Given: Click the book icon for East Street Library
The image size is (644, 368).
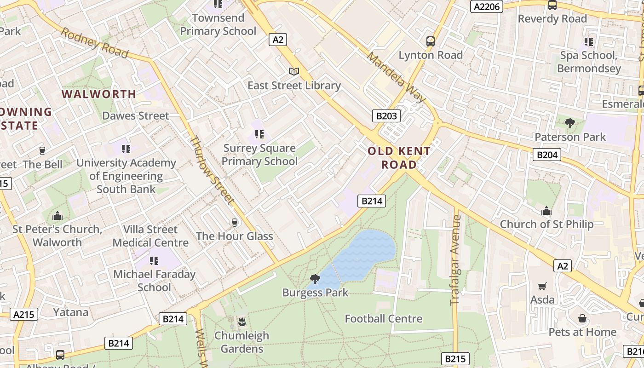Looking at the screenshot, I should [x=294, y=71].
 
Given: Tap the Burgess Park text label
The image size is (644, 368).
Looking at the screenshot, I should [x=315, y=293].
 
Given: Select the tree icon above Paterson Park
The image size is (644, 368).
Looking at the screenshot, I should [x=570, y=123].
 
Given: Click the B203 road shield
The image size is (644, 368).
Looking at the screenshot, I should [x=386, y=116].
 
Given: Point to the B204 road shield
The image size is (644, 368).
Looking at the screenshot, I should [x=547, y=155].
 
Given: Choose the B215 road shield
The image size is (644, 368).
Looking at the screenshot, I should [x=455, y=359].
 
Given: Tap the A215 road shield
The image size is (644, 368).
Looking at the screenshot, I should [x=24, y=315].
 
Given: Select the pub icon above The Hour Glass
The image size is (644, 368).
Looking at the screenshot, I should [x=235, y=223].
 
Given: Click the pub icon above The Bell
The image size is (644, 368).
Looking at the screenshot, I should [x=42, y=150].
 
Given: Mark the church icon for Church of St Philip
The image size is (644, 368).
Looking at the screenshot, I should [x=546, y=211].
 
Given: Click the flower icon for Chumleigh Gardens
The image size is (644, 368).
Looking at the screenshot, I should [x=241, y=322].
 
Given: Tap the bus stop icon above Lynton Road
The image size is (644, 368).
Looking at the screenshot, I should [x=431, y=41].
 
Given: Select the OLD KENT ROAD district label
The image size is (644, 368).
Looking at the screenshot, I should [x=399, y=157].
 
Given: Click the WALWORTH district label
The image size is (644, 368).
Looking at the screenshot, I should [x=99, y=94].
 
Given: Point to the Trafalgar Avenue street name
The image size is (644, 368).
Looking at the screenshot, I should [x=455, y=260].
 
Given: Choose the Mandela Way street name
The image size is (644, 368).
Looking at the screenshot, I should [x=396, y=76].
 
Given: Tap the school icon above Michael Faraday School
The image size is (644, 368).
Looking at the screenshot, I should [x=154, y=261].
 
